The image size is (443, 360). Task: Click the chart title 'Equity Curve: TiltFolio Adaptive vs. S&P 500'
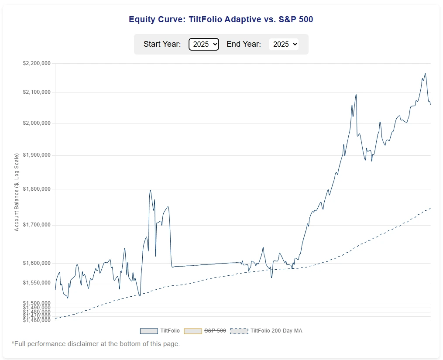(x=221, y=19)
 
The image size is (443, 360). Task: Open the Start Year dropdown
(x=203, y=44)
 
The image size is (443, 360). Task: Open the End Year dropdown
(x=284, y=44)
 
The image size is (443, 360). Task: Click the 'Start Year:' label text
(x=162, y=44)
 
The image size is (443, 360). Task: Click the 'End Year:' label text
(x=244, y=44)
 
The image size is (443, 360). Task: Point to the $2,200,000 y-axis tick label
(x=37, y=63)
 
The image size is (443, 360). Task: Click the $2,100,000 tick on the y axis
(x=37, y=92)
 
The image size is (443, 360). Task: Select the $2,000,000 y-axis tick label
(x=37, y=123)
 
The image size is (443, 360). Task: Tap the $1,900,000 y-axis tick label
(x=37, y=155)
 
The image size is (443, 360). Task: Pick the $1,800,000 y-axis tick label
(x=37, y=189)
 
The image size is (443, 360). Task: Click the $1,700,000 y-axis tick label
(x=37, y=225)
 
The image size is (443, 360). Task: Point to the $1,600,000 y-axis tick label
(x=37, y=263)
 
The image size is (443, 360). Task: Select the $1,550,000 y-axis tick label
(x=37, y=283)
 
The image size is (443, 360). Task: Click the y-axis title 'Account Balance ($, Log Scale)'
(x=17, y=192)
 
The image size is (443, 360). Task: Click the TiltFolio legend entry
(x=160, y=331)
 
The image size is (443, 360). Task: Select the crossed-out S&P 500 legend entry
(x=205, y=331)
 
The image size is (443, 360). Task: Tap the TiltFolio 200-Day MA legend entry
(x=266, y=331)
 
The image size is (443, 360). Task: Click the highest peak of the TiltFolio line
(x=425, y=74)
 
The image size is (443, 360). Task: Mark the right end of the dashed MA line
(x=430, y=208)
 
